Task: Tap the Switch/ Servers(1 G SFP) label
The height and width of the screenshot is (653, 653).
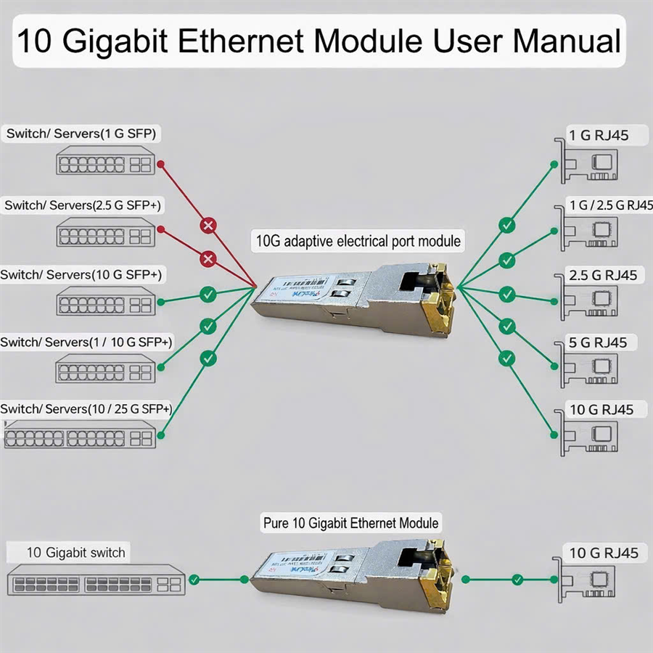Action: click(81, 134)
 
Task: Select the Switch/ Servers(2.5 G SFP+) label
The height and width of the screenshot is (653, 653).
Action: click(83, 205)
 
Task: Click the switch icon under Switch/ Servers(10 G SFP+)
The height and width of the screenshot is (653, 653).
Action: click(106, 301)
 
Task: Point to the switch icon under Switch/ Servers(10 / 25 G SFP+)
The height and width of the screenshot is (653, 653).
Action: click(80, 438)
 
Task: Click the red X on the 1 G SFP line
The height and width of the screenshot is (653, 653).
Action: click(208, 226)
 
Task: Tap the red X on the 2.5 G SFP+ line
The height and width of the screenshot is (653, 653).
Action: click(208, 259)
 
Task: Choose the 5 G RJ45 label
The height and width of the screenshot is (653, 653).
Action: click(599, 342)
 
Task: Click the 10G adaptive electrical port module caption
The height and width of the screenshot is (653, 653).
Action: click(358, 240)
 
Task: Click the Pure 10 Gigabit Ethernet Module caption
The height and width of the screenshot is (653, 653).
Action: click(350, 522)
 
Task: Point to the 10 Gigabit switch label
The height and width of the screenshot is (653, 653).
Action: click(75, 552)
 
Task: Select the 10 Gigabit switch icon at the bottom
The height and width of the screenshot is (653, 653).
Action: click(94, 583)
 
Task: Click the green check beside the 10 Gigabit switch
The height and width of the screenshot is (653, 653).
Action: click(194, 580)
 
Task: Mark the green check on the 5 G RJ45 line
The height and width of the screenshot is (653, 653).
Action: click(507, 326)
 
